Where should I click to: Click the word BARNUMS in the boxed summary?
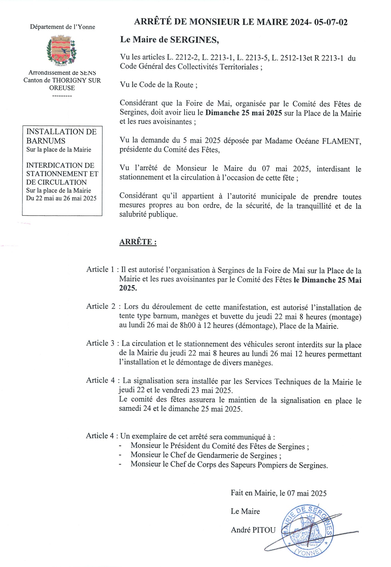coord(46,141)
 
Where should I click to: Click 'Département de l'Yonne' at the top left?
coord(63,27)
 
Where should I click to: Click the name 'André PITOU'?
coord(253,530)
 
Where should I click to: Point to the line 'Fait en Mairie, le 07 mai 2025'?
coord(279,493)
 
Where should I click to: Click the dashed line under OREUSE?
coord(62,96)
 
